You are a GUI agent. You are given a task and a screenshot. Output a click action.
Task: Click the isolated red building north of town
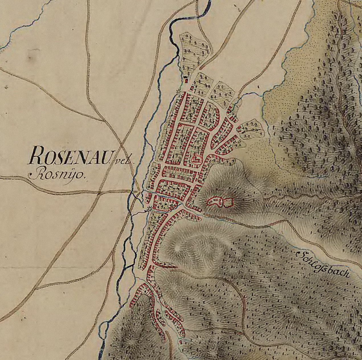coord(187,81)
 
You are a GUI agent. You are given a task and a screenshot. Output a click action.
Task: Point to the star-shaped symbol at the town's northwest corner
coord(179,91)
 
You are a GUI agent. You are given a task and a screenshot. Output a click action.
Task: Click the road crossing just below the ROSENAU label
coord(98,193)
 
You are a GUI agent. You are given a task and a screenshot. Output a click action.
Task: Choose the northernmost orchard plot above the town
coord(196,51)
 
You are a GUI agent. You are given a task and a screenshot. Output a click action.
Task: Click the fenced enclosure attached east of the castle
coord(228,202)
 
